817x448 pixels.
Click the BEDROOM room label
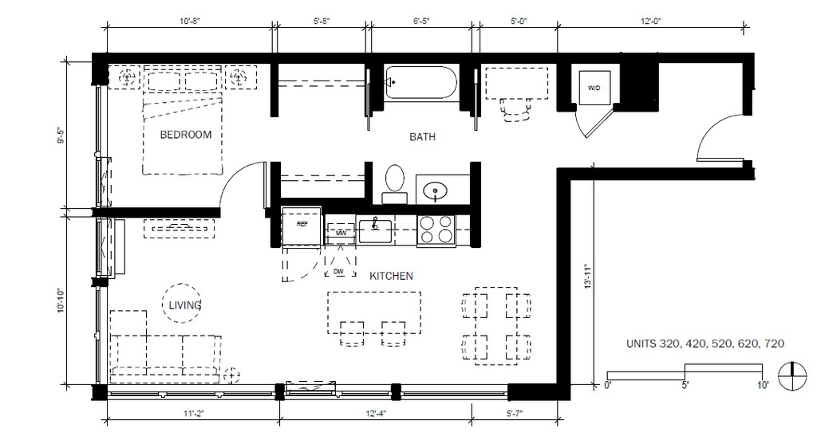tap(185, 135)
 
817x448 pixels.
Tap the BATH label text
tap(422, 137)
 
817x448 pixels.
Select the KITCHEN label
tap(391, 276)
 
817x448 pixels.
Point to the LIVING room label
tap(185, 305)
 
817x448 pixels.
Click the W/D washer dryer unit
tap(594, 88)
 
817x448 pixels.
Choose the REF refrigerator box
tap(302, 226)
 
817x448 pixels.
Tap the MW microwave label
tap(341, 233)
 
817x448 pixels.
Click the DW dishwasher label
tap(338, 272)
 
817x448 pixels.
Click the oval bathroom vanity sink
tap(435, 191)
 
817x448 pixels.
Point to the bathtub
tap(421, 82)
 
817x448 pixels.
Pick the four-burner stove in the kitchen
tap(436, 230)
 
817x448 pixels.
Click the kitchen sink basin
tap(375, 231)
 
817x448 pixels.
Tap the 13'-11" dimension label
tap(588, 276)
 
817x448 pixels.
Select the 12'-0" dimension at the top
tap(651, 22)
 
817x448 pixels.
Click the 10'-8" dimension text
tap(190, 22)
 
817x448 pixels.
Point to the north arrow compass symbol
tap(792, 375)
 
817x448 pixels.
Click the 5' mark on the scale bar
tap(685, 386)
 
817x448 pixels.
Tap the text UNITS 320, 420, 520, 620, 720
tap(705, 344)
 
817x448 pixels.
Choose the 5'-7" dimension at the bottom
tap(515, 414)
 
